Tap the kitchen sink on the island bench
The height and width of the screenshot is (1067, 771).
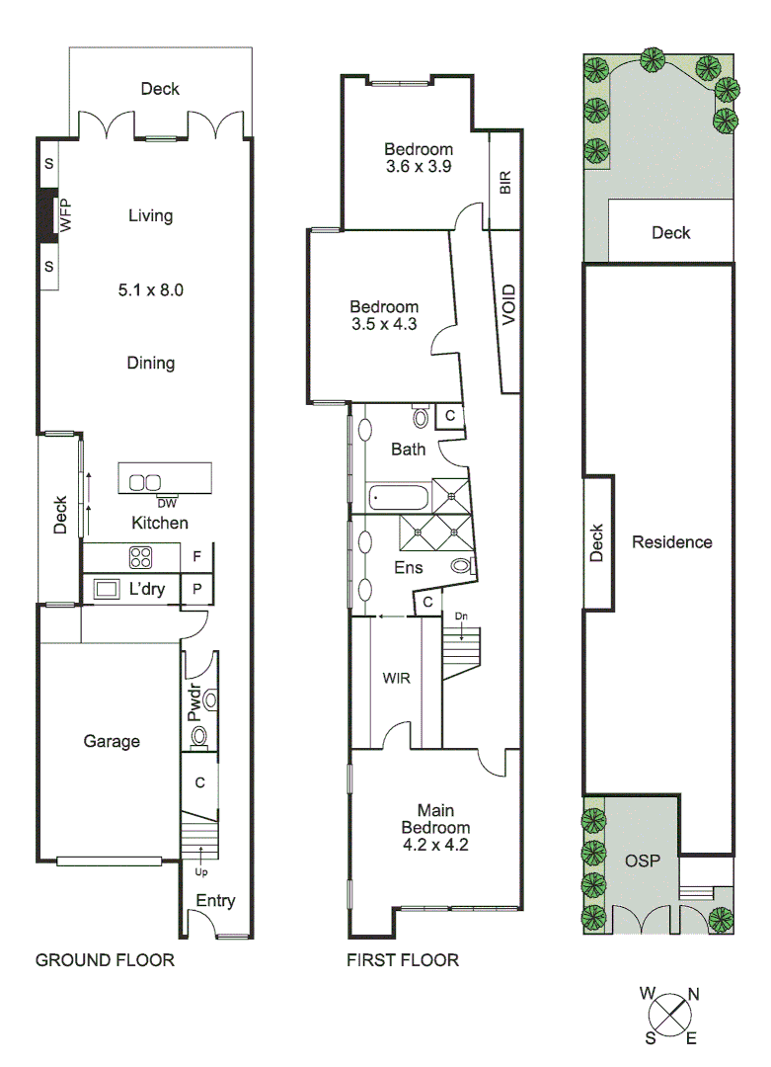(145, 483)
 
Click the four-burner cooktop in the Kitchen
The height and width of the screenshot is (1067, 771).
(140, 557)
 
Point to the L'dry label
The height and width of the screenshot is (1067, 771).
(147, 590)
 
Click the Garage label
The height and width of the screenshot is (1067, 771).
(111, 741)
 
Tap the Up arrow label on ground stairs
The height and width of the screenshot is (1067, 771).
(200, 872)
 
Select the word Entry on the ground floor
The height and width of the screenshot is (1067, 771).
(215, 900)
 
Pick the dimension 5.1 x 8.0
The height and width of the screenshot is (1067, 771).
(151, 290)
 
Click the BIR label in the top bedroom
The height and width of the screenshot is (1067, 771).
(505, 182)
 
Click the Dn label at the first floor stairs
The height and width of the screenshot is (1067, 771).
(461, 616)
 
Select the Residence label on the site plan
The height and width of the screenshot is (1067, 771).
(671, 541)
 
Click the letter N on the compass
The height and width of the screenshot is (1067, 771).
(693, 995)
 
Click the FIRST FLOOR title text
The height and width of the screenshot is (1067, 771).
(402, 959)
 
